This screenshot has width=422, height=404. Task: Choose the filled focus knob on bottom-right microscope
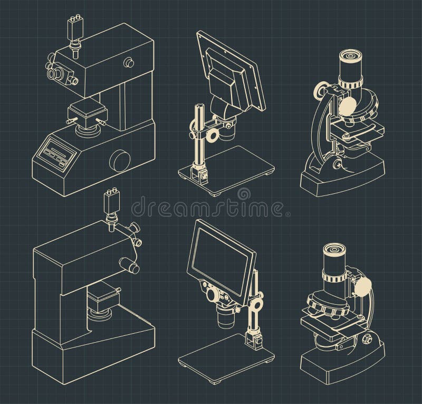[x=363, y=287]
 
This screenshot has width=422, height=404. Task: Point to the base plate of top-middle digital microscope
[x=232, y=170]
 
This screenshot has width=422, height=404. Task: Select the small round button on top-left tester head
[x=128, y=63]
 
